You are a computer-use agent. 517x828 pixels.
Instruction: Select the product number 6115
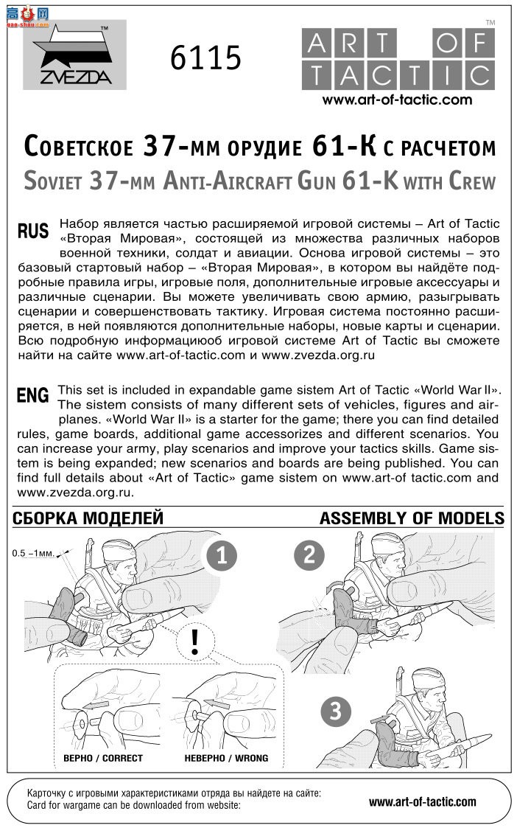(x=205, y=58)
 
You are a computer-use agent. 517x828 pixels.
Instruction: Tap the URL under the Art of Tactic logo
(x=397, y=100)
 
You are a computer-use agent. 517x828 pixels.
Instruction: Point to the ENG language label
(x=32, y=395)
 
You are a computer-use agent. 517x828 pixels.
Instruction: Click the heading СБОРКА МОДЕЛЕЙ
(x=88, y=518)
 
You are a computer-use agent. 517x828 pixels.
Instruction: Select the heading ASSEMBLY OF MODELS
(x=412, y=518)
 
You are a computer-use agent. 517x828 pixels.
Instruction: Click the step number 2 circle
(x=309, y=554)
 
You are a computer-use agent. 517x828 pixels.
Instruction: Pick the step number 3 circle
(x=336, y=712)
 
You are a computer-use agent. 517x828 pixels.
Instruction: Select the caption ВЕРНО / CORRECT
(x=103, y=757)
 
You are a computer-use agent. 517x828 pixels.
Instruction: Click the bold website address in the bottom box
(x=422, y=801)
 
